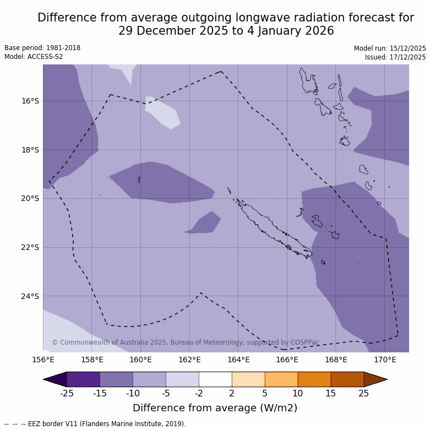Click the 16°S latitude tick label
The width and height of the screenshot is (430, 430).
pyautogui.click(x=30, y=101)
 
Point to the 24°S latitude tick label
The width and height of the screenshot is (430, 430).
pyautogui.click(x=30, y=296)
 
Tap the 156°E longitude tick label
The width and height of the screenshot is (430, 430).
pyautogui.click(x=43, y=360)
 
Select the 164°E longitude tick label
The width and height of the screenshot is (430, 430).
pyautogui.click(x=238, y=360)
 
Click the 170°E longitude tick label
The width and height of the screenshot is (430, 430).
pyautogui.click(x=385, y=360)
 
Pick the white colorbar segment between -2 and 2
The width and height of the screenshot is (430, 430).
pyautogui.click(x=215, y=379)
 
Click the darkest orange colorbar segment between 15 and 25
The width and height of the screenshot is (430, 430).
pyautogui.click(x=347, y=379)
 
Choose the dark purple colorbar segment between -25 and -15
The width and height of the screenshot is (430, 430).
pyautogui.click(x=83, y=379)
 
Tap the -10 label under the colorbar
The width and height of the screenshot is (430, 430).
pyautogui.click(x=133, y=393)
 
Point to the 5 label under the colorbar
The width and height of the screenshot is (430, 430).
pyautogui.click(x=265, y=393)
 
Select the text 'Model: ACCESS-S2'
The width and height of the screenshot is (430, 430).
pyautogui.click(x=34, y=57)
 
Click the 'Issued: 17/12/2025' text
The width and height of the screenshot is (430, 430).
pyautogui.click(x=395, y=57)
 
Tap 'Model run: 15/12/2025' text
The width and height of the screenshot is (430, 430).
pyautogui.click(x=390, y=48)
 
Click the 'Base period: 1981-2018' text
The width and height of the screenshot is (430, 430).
pyautogui.click(x=42, y=48)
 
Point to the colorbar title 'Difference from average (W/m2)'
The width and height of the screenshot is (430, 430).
pyautogui.click(x=215, y=408)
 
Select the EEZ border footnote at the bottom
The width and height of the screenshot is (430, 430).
pyautogui.click(x=95, y=424)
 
